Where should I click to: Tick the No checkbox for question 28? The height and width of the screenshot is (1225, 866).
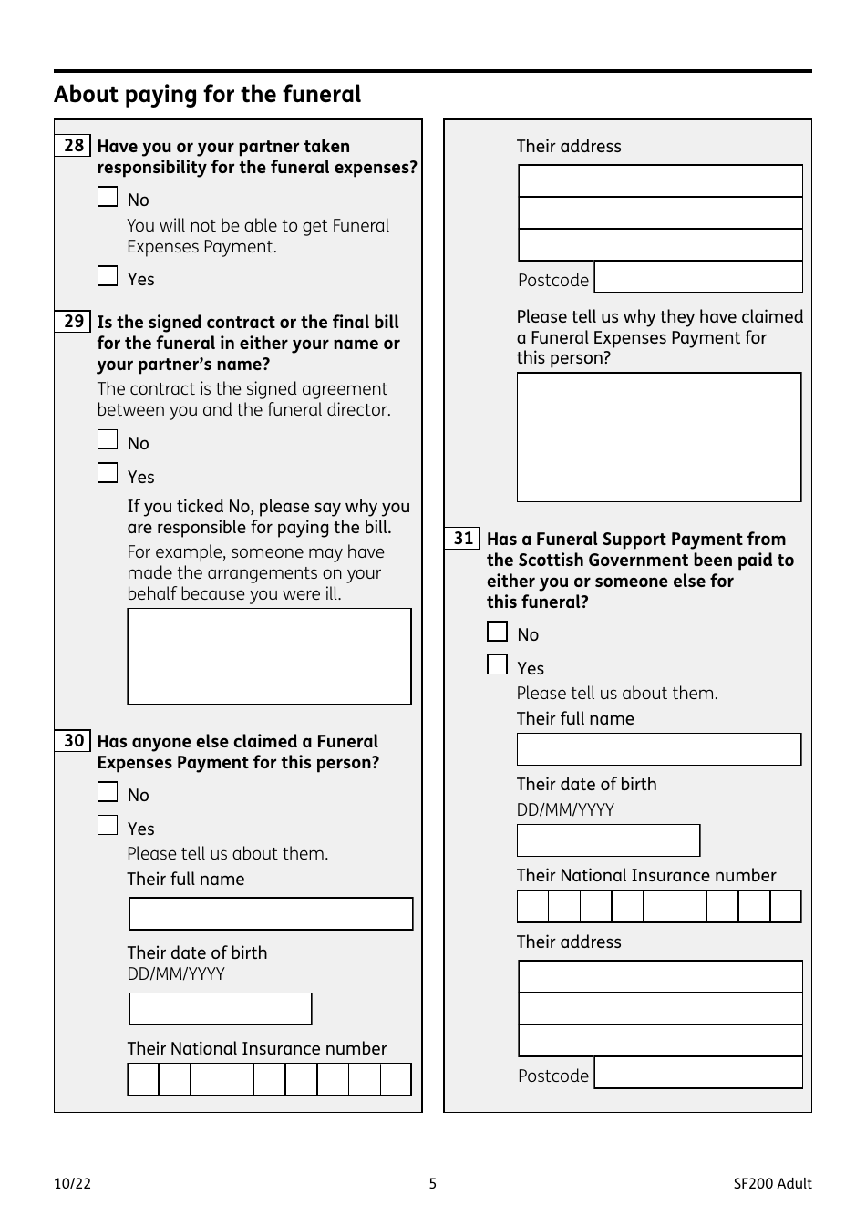[108, 197]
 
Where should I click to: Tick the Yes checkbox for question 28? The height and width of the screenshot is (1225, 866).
[108, 276]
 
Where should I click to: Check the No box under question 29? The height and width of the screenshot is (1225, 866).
[108, 440]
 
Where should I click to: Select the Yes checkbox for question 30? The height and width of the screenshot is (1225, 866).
[108, 826]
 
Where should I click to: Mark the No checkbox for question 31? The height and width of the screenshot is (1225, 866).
[497, 632]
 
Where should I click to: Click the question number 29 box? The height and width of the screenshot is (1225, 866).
[73, 322]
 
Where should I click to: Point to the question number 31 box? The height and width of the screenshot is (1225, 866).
[463, 539]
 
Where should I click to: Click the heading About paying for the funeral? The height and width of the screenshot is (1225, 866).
[207, 95]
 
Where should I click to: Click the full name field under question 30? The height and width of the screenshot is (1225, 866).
[271, 914]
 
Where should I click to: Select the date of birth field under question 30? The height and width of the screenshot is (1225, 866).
[220, 1009]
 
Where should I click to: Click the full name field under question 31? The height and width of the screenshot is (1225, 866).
[658, 749]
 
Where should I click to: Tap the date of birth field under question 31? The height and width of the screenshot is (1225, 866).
[608, 840]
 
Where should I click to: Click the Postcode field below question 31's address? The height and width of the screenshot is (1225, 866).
[698, 1074]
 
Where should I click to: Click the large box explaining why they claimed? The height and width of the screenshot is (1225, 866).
[658, 437]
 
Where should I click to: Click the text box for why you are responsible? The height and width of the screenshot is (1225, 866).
[269, 656]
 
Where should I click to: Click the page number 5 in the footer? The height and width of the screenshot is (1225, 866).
[433, 1183]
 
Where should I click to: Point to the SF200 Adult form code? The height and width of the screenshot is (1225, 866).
[771, 1183]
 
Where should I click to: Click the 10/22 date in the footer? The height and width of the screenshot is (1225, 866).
[73, 1183]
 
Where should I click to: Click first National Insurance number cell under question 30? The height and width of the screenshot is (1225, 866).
[143, 1079]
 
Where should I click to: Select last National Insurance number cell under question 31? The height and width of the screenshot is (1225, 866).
[785, 907]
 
